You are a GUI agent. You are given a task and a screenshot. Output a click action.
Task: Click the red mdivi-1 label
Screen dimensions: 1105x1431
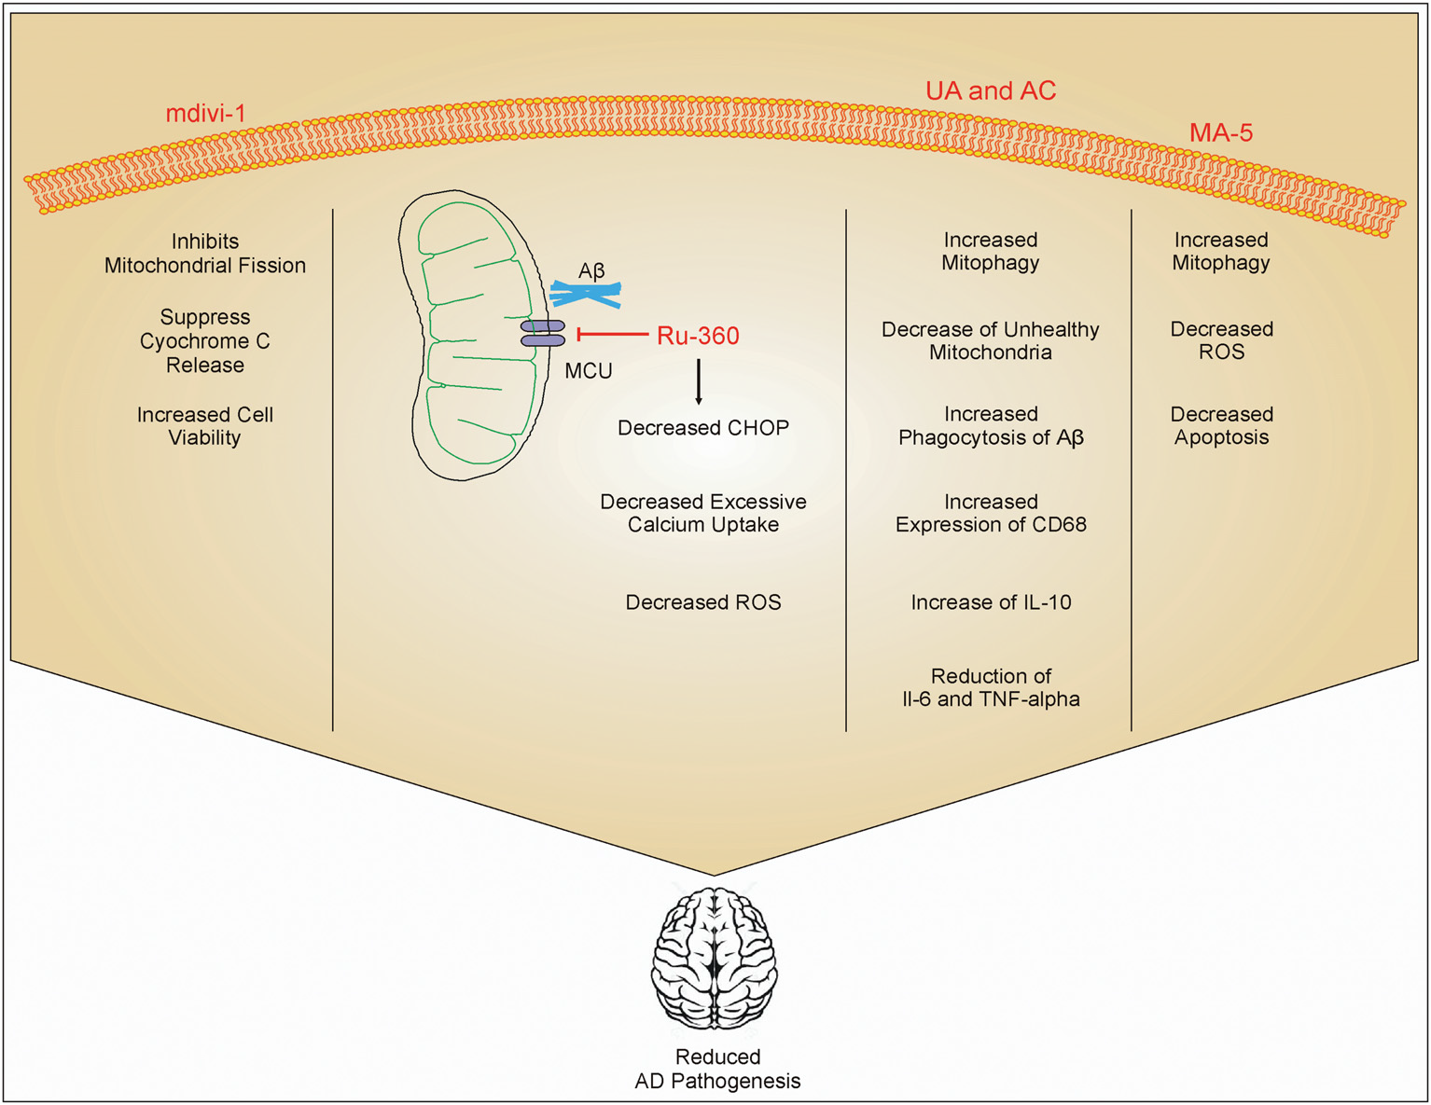205,114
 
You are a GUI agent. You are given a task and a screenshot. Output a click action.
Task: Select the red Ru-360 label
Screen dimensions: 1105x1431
698,336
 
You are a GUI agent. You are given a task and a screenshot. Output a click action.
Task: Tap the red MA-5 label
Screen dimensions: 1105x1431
1220,133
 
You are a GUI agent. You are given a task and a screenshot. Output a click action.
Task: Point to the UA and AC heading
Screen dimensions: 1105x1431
990,90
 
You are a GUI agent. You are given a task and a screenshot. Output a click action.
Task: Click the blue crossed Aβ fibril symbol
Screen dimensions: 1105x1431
586,295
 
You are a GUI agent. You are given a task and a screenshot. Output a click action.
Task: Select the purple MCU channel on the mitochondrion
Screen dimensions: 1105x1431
543,333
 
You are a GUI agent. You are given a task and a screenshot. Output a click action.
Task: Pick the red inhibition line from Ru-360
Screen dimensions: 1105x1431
613,334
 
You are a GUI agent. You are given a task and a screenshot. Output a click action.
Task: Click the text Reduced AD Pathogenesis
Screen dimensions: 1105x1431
717,1069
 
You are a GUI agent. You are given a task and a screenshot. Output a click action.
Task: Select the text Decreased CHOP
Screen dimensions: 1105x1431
703,428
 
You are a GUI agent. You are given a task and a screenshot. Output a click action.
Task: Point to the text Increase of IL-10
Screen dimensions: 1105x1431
991,602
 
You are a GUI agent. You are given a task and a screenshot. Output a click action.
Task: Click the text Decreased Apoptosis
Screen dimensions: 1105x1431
1221,425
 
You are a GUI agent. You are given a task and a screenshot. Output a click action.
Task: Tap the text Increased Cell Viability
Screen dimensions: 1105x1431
205,426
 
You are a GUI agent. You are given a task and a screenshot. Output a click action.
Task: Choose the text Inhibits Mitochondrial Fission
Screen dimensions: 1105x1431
205,254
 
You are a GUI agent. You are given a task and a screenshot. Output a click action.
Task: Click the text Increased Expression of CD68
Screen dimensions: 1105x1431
991,513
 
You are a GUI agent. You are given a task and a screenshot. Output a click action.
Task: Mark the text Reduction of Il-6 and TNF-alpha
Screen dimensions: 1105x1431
991,687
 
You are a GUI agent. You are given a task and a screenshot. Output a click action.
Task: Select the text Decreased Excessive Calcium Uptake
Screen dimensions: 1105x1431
703,513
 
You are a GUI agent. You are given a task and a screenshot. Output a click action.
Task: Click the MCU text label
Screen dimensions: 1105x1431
589,371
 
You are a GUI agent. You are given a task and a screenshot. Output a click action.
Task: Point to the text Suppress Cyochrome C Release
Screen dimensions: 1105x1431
205,341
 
